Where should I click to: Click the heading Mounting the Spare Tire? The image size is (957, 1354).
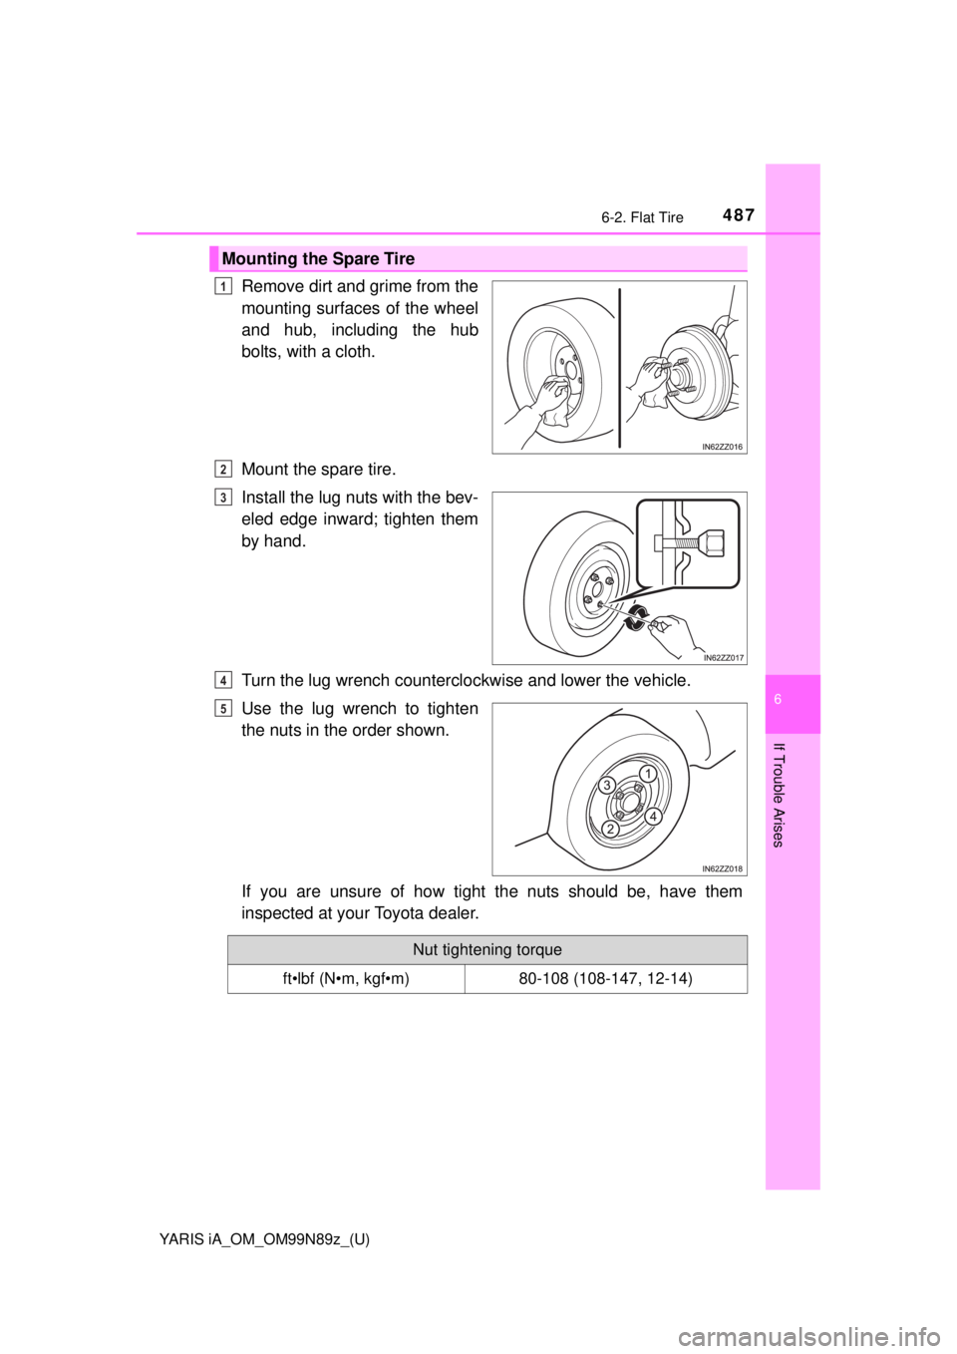coord(318,259)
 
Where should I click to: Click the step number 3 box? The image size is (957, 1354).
coord(223,498)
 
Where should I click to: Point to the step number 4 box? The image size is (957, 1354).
coord(223,680)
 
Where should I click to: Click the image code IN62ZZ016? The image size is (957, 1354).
coord(722,448)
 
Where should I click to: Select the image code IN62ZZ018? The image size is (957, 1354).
coord(722,868)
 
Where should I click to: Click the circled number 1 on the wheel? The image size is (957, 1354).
coord(647,774)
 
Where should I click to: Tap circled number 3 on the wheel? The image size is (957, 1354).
coord(606,787)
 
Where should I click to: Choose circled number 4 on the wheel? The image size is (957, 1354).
coord(654,817)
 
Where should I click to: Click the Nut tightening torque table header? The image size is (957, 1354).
coord(487,950)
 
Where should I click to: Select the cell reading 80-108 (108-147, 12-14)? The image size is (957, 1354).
coord(605,979)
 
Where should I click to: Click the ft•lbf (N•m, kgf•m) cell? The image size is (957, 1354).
coord(345,979)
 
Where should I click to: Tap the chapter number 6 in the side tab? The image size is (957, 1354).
coord(794,700)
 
